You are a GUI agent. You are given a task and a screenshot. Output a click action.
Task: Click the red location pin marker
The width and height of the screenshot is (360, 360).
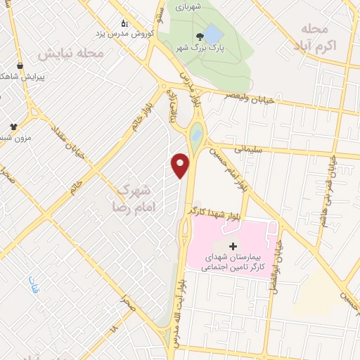point(181,165)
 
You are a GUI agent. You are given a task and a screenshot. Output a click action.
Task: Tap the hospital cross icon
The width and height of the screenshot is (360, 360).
point(233,248)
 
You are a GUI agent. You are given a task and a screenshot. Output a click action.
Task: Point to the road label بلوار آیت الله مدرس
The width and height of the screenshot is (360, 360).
point(174,309)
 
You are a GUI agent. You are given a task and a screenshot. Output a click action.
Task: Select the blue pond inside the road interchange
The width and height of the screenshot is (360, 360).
point(197,131)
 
